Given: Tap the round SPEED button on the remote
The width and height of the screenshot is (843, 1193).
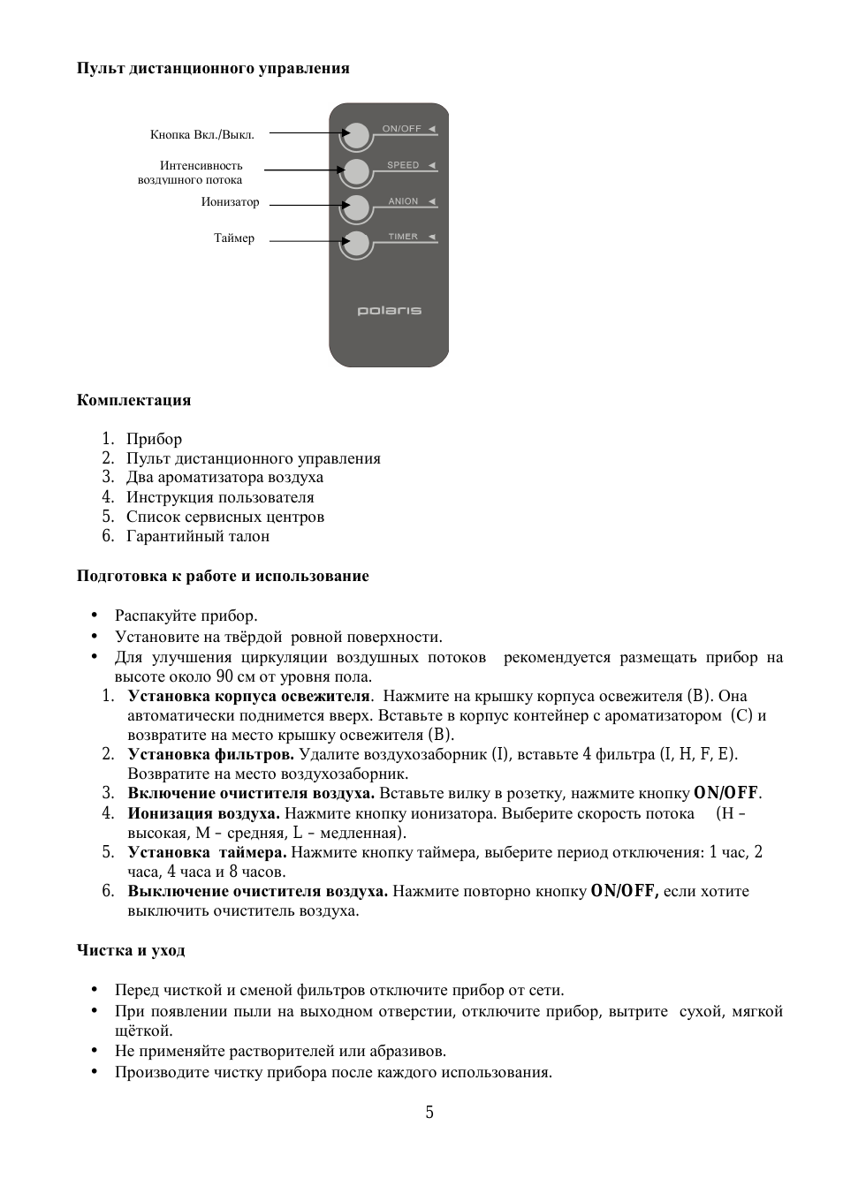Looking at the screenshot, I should tap(356, 171).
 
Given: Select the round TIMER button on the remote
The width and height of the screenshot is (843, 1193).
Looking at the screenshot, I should tap(356, 244).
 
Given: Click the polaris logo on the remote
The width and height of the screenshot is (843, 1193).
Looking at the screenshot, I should tap(389, 311).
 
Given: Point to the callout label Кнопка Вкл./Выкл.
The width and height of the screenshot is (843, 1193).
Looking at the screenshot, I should tap(202, 135).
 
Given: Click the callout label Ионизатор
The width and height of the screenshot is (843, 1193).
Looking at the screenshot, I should tap(230, 202).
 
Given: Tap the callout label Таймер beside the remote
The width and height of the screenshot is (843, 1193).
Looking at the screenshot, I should tap(234, 238).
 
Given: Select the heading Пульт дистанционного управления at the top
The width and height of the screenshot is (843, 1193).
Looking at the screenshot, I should tap(213, 68).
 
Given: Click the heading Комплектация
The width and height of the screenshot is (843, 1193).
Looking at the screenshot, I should tap(133, 400).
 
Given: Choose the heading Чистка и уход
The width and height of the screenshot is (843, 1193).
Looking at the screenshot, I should tap(131, 950).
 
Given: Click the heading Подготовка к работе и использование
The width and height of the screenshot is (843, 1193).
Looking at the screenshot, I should tap(223, 576).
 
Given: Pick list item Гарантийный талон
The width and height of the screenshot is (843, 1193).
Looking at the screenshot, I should tap(198, 536).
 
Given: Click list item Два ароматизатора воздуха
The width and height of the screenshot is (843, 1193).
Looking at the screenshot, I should tap(224, 478).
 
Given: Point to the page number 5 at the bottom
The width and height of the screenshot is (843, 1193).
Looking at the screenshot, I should tap(429, 1112).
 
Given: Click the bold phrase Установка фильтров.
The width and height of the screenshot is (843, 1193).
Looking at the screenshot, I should tap(210, 754).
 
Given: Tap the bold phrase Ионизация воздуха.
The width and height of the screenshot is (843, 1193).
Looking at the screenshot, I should tap(203, 813).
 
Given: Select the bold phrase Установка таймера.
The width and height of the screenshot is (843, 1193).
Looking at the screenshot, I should tap(207, 852).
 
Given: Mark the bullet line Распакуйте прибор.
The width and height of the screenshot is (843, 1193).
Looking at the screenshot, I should tap(186, 615).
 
